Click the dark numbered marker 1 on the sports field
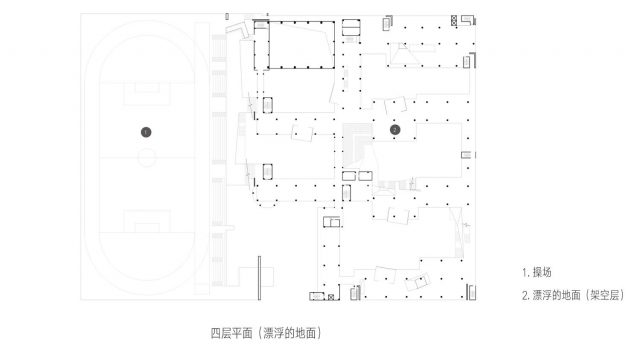pyautogui.click(x=146, y=131)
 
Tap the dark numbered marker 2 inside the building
pyautogui.click(x=395, y=129)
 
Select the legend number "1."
pyautogui.click(x=526, y=272)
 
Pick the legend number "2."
pyautogui.click(x=527, y=295)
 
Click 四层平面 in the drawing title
pyautogui.click(x=229, y=331)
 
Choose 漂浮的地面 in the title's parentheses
pyautogui.click(x=291, y=331)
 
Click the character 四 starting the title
pyautogui.click(x=215, y=331)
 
